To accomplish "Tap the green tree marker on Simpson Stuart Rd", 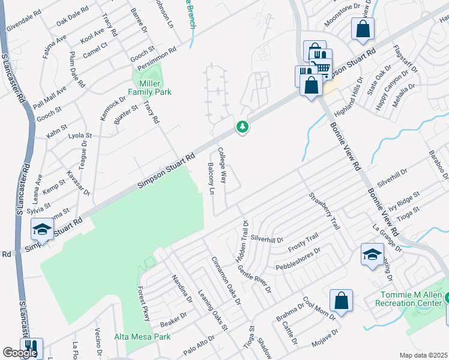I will point(242,127).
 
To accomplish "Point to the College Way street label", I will point(222,165).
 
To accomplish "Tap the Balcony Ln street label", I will point(211,178).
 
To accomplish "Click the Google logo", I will point(19,353).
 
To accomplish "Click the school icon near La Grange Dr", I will point(372,254).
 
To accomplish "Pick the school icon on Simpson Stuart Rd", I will point(43,229).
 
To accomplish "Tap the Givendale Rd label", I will point(24,20).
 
